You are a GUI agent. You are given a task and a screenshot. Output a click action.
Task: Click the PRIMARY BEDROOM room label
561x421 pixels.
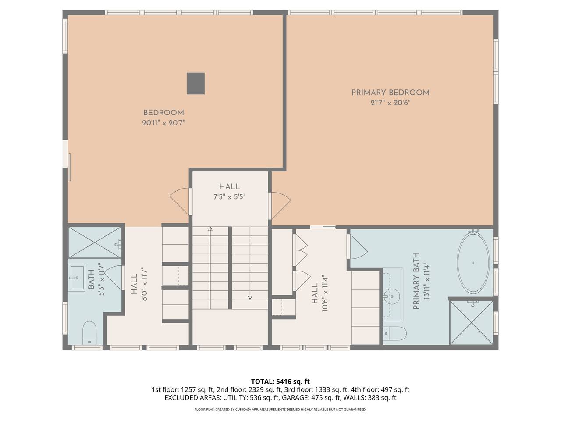(390, 93)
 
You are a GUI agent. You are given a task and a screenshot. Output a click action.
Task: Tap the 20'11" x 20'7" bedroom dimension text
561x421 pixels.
(163, 123)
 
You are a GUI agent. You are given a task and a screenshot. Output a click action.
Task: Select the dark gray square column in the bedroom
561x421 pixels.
(195, 84)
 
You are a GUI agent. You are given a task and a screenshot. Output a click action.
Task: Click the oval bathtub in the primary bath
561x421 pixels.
(473, 263)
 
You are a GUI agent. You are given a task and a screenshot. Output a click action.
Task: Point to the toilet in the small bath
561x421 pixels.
(89, 333)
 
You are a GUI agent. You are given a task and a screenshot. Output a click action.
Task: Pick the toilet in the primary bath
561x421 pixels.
(395, 333)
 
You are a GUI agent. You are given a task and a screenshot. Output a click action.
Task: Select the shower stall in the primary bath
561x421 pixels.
(471, 323)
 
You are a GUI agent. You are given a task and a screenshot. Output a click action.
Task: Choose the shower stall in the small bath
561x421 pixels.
(95, 243)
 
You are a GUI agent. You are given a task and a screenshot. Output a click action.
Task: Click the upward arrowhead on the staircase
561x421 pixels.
(210, 229)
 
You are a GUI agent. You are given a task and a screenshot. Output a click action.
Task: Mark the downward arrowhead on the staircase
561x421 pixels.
(250, 297)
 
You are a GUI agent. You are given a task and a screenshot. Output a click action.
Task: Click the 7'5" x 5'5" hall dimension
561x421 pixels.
(230, 197)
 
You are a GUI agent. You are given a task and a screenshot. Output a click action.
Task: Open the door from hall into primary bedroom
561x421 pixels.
(280, 206)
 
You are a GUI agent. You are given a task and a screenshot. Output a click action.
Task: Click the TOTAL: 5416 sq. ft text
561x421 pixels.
(280, 382)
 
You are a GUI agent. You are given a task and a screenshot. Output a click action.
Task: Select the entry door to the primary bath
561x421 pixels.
(358, 246)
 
